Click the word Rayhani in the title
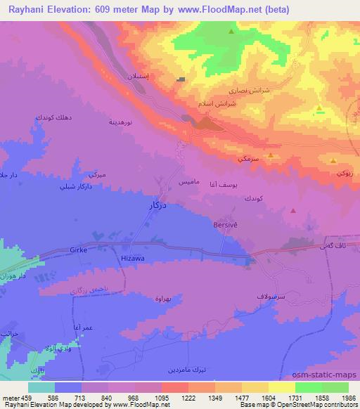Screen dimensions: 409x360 (x=27, y=9)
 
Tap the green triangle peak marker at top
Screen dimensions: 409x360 (x=231, y=31)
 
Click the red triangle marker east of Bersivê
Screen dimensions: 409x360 (x=293, y=209)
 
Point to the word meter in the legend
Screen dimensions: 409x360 (x=11, y=397)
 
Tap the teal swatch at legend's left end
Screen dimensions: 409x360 (x=41, y=387)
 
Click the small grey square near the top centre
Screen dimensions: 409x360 (x=181, y=79)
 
